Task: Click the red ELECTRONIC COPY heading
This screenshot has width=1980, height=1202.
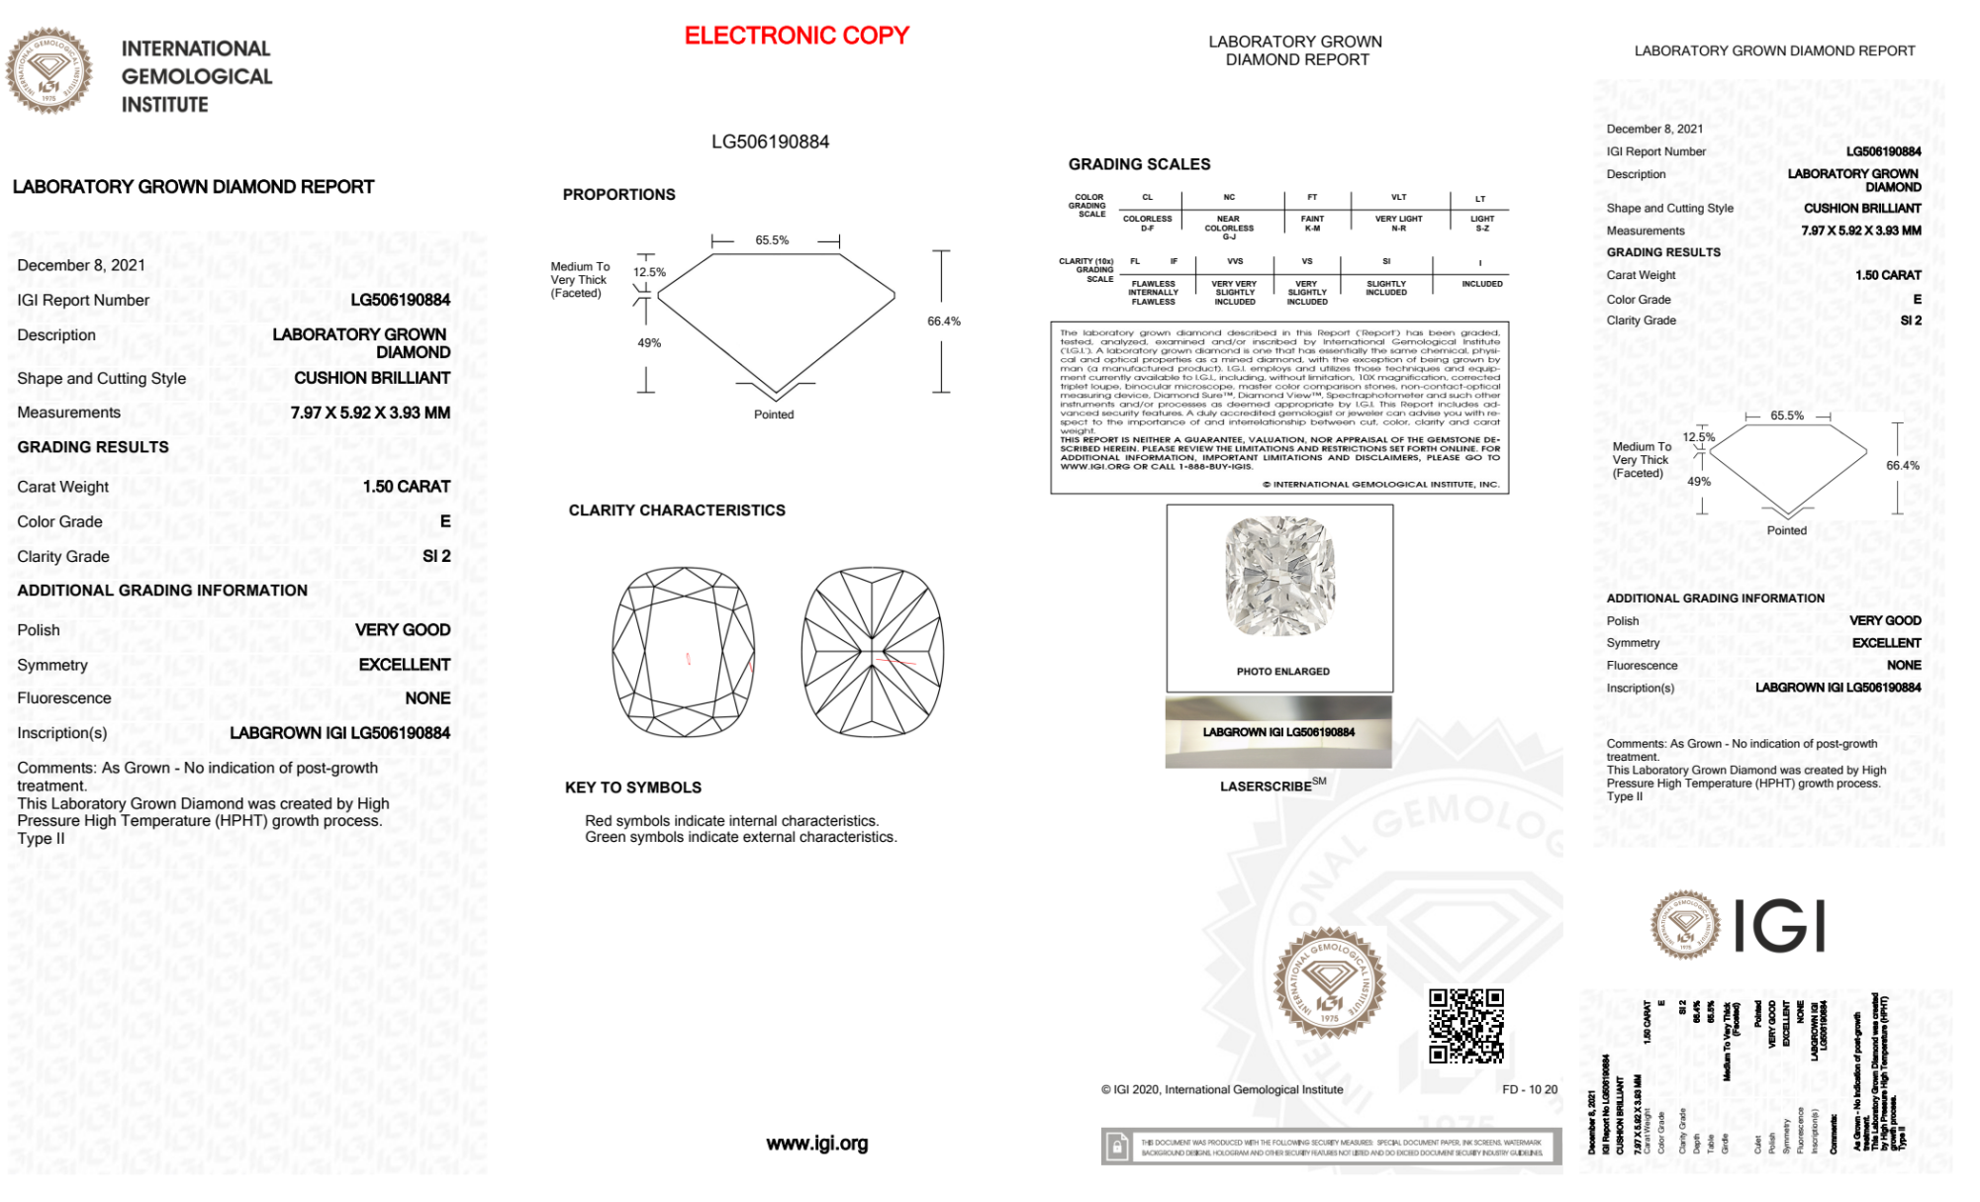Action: click(797, 36)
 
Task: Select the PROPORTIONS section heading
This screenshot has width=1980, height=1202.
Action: click(618, 195)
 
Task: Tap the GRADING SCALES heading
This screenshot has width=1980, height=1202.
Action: click(1139, 164)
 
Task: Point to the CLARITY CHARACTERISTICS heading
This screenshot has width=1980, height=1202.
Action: click(677, 510)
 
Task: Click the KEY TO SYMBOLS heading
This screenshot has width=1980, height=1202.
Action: click(633, 787)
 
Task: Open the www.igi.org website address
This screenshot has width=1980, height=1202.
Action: click(816, 1144)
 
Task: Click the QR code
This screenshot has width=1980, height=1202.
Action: click(1465, 1025)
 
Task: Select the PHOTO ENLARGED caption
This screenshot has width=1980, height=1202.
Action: click(1282, 672)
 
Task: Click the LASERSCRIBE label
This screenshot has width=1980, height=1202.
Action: click(1267, 786)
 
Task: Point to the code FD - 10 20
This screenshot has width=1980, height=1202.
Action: click(1529, 1089)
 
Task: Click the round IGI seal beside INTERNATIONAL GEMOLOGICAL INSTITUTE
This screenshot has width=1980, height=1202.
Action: click(48, 71)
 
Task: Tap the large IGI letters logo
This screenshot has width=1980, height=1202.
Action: click(1780, 927)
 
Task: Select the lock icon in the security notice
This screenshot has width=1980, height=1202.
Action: click(1117, 1148)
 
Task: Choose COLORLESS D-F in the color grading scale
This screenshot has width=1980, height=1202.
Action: click(1147, 224)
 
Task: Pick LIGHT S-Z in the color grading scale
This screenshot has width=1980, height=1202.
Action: click(1481, 224)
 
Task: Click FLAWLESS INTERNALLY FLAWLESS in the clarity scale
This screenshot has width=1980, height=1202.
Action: click(1153, 293)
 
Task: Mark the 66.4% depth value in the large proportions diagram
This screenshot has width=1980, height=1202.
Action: click(943, 322)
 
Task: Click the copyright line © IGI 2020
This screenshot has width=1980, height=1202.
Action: click(1222, 1089)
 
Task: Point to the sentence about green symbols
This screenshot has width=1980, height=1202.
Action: click(740, 837)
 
